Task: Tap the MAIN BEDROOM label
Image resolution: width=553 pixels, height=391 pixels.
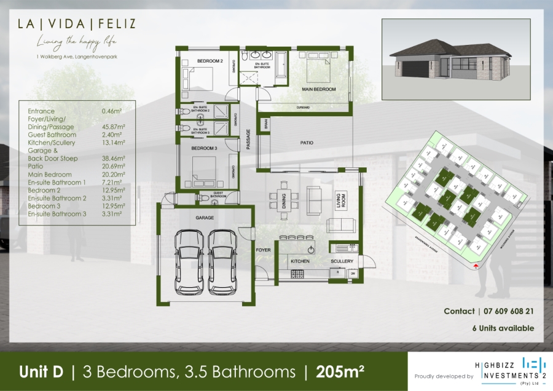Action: (x=319, y=90)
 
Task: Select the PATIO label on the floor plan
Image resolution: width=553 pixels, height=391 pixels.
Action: (x=307, y=143)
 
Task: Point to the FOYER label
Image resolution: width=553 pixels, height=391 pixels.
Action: (x=263, y=250)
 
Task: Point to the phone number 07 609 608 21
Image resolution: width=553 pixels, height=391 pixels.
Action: (x=506, y=312)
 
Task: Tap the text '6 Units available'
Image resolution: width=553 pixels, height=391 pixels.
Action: (x=503, y=328)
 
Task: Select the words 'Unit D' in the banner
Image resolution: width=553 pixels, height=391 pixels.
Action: (x=42, y=371)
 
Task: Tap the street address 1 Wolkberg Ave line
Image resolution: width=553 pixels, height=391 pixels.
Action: (x=76, y=57)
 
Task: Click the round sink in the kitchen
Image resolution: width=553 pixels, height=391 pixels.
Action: (x=312, y=250)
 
